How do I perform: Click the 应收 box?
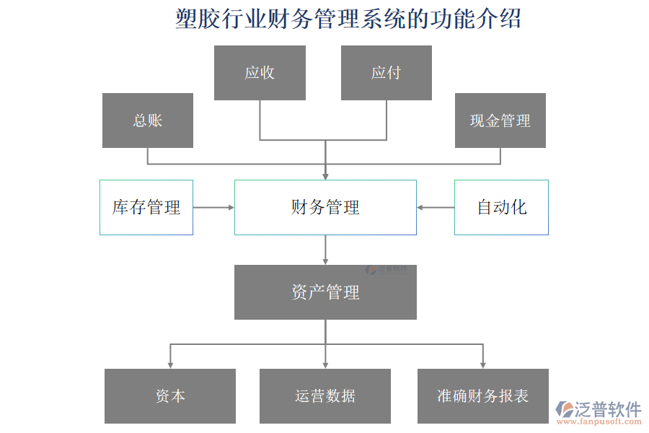(260, 73)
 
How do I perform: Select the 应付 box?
(386, 73)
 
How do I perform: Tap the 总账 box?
(148, 121)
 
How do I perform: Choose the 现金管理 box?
(500, 121)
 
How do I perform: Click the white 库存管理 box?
(146, 207)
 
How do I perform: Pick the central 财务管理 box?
(325, 207)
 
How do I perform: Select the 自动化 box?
(501, 207)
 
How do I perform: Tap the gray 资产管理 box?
(325, 292)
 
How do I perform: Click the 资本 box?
(170, 395)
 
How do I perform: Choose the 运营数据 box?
(325, 395)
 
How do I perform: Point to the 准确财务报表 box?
(482, 395)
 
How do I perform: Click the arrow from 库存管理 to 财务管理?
(213, 207)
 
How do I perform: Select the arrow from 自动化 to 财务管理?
(436, 207)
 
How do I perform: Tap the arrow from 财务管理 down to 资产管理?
(325, 250)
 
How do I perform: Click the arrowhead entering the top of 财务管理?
(325, 175)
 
